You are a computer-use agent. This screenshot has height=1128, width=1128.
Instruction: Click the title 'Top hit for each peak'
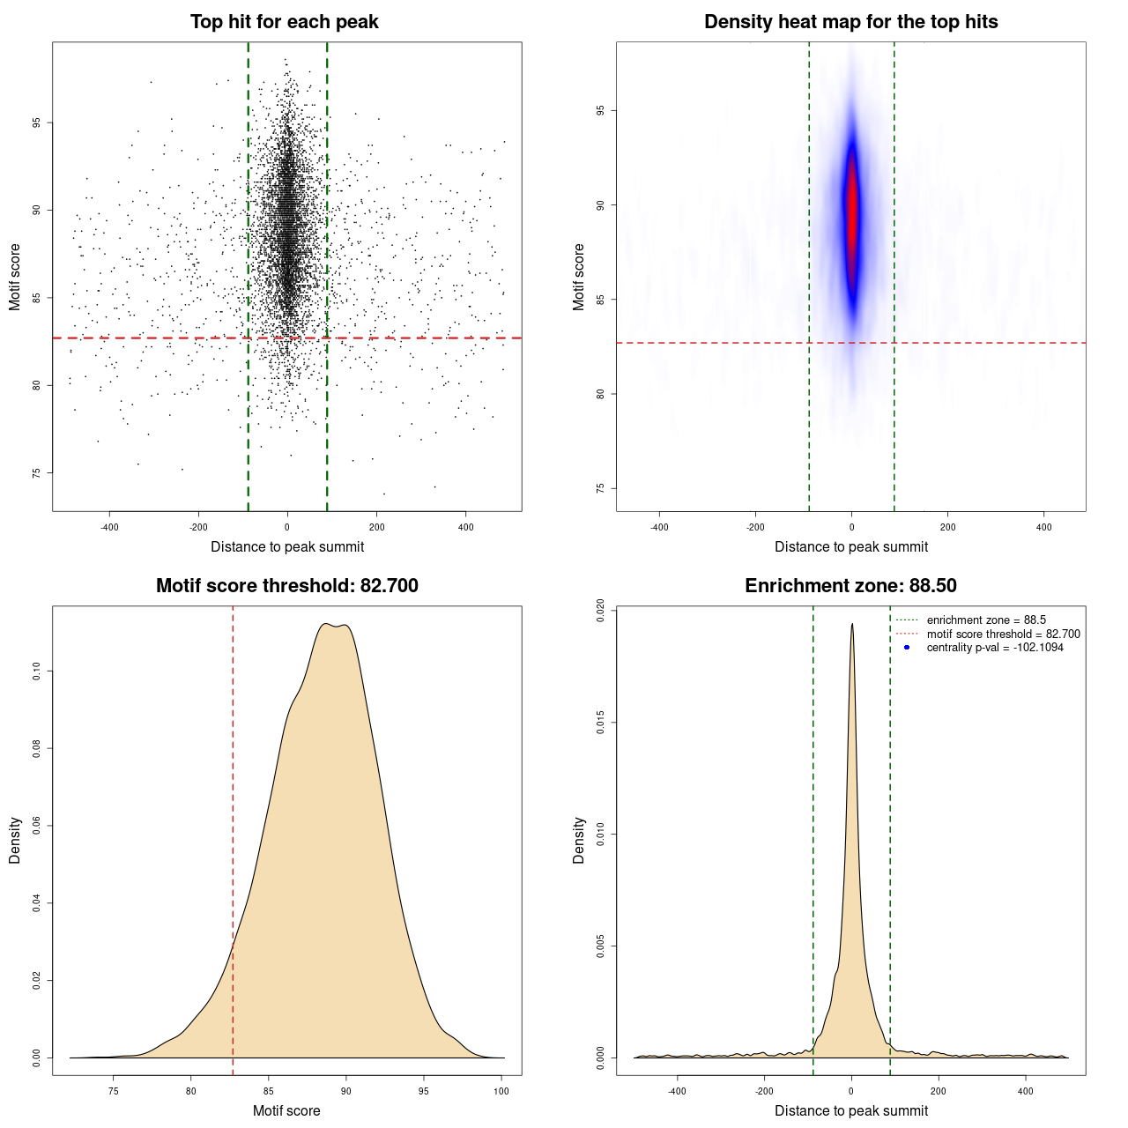tap(284, 22)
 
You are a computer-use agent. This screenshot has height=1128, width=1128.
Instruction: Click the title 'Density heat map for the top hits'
tap(850, 22)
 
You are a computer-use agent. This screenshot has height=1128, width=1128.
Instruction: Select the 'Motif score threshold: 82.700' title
tap(286, 586)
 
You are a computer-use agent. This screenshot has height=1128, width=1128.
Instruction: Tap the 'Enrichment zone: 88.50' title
tap(850, 586)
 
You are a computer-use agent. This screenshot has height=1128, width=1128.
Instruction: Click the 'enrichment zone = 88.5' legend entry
tap(986, 620)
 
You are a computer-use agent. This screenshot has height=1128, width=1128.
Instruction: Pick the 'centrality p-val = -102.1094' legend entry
tap(995, 648)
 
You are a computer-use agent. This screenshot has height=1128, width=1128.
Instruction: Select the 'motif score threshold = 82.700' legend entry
tap(1003, 634)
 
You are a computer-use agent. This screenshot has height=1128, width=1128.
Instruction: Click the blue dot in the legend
tap(907, 648)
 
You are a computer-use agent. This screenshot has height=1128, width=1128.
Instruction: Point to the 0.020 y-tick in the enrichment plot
tap(601, 611)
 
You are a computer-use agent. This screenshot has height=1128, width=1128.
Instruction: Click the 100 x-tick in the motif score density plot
tap(501, 1091)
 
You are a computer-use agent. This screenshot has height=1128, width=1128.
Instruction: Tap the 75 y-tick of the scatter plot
tap(37, 473)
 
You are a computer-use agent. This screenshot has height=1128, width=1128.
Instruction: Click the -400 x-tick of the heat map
tap(659, 527)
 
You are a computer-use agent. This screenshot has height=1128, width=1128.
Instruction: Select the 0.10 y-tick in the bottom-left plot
tap(37, 672)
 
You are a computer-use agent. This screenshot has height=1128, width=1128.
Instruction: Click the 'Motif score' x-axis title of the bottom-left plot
tap(286, 1110)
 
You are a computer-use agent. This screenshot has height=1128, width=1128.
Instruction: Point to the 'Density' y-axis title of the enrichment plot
tap(579, 840)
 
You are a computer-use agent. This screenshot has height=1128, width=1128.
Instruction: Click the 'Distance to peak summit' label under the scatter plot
tap(287, 546)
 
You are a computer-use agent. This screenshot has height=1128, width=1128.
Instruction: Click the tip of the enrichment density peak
tap(852, 625)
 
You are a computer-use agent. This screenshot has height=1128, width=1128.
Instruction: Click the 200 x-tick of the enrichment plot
tap(939, 1091)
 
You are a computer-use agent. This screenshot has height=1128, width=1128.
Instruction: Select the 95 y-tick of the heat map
tap(601, 110)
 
